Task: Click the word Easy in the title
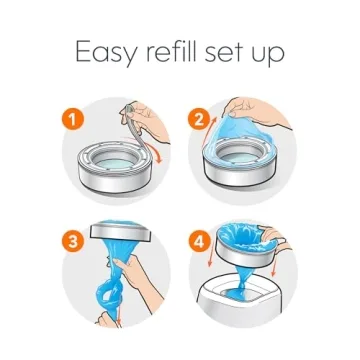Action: click(106, 51)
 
